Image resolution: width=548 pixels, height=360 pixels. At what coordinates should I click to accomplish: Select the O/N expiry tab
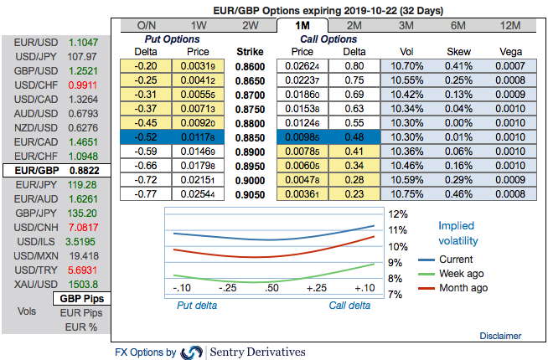[x=146, y=24]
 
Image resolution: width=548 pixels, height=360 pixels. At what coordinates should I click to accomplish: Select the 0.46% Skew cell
[x=458, y=193]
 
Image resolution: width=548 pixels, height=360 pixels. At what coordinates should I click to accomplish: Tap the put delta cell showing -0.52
[x=147, y=136]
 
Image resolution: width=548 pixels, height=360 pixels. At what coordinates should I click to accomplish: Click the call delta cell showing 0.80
[x=354, y=65]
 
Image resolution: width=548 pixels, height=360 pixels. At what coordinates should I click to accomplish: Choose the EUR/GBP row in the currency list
[x=55, y=169]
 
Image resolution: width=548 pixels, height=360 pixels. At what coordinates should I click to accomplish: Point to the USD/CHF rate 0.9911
[x=82, y=84]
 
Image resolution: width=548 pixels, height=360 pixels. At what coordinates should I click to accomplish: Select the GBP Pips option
[x=80, y=299]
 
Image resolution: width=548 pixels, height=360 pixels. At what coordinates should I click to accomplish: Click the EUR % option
[x=82, y=327]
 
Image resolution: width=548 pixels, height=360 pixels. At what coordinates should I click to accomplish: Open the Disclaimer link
[x=501, y=336]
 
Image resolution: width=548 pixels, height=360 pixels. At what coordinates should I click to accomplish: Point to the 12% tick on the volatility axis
[x=397, y=213]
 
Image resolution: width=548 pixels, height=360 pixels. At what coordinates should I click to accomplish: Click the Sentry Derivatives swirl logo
[x=192, y=352]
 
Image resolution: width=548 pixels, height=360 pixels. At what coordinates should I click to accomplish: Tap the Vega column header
[x=509, y=51]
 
